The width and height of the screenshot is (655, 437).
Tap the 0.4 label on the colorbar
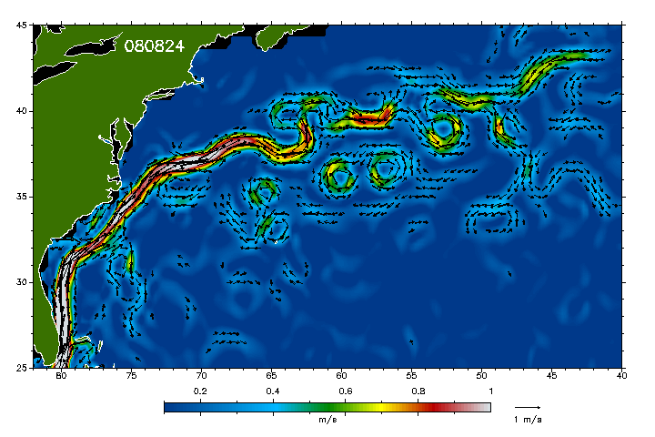(x=272, y=391)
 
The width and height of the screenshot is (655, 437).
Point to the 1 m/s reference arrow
(x=527, y=406)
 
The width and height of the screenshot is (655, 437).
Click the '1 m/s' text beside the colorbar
(x=528, y=420)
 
